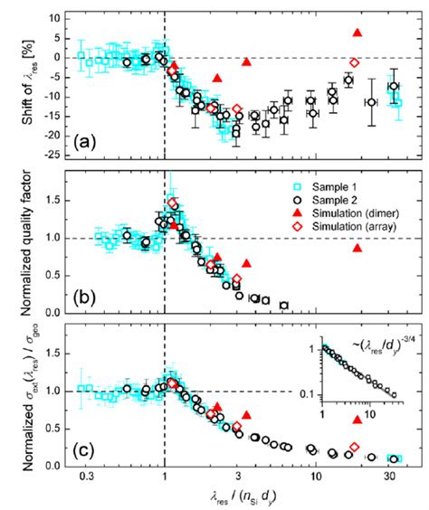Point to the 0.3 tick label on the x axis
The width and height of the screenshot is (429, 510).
pyautogui.click(x=84, y=477)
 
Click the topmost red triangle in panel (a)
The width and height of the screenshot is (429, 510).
pyautogui.click(x=357, y=33)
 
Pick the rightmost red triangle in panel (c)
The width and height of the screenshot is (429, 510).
pyautogui.click(x=357, y=419)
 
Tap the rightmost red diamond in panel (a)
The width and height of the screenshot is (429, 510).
pyautogui.click(x=354, y=62)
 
